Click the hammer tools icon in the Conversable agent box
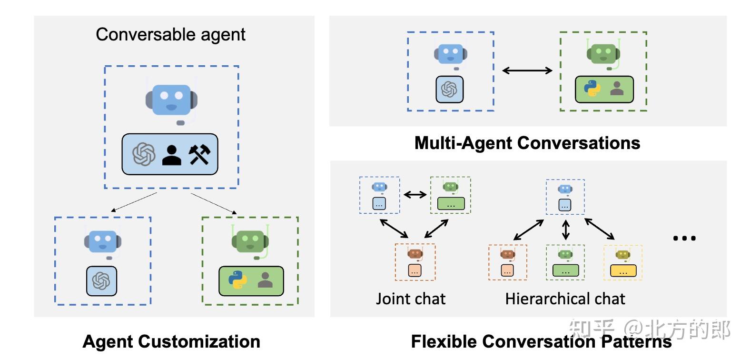(x=199, y=154)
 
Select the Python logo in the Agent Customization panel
(x=237, y=280)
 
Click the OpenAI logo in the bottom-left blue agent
(x=101, y=281)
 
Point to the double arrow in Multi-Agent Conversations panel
(x=527, y=70)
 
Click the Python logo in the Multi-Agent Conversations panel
(x=592, y=89)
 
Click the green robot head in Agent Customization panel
(x=250, y=240)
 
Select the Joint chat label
(x=410, y=299)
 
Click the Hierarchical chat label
(x=565, y=299)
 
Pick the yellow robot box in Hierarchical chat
(x=622, y=262)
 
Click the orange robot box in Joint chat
(x=415, y=262)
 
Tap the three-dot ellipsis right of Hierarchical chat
(x=684, y=238)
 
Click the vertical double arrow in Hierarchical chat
(x=565, y=230)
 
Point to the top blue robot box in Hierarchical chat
(x=565, y=197)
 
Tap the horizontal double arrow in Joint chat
(x=415, y=194)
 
